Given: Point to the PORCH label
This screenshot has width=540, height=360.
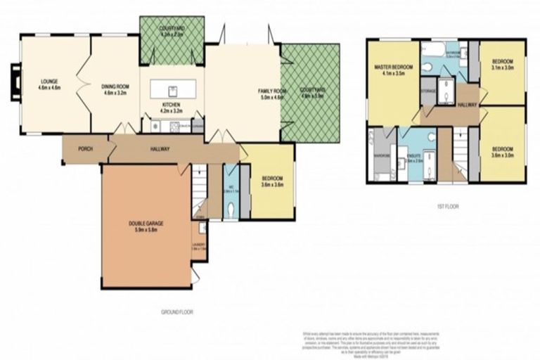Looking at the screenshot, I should click(85, 149).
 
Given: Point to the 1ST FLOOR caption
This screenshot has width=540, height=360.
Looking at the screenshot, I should click(446, 206).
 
